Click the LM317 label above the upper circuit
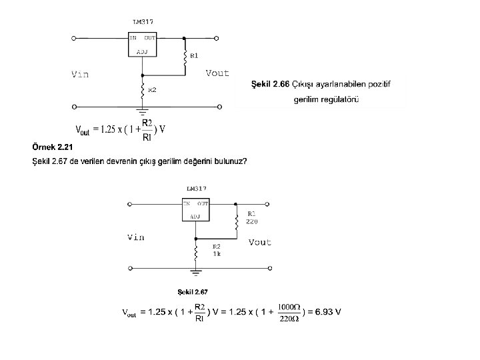(143, 22)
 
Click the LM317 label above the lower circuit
(196, 189)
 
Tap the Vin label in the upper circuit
(80, 74)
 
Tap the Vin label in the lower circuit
(135, 237)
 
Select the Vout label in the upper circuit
(217, 73)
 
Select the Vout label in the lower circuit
(260, 243)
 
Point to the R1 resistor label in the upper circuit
(194, 55)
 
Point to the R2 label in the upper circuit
(152, 89)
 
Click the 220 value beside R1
(252, 221)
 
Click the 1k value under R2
(217, 254)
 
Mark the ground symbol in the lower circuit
(195, 271)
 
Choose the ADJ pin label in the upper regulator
(142, 51)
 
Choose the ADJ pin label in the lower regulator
(195, 216)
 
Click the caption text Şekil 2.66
(270, 85)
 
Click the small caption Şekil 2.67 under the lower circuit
(193, 291)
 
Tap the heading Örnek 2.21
(52, 147)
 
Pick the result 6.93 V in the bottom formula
(329, 312)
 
